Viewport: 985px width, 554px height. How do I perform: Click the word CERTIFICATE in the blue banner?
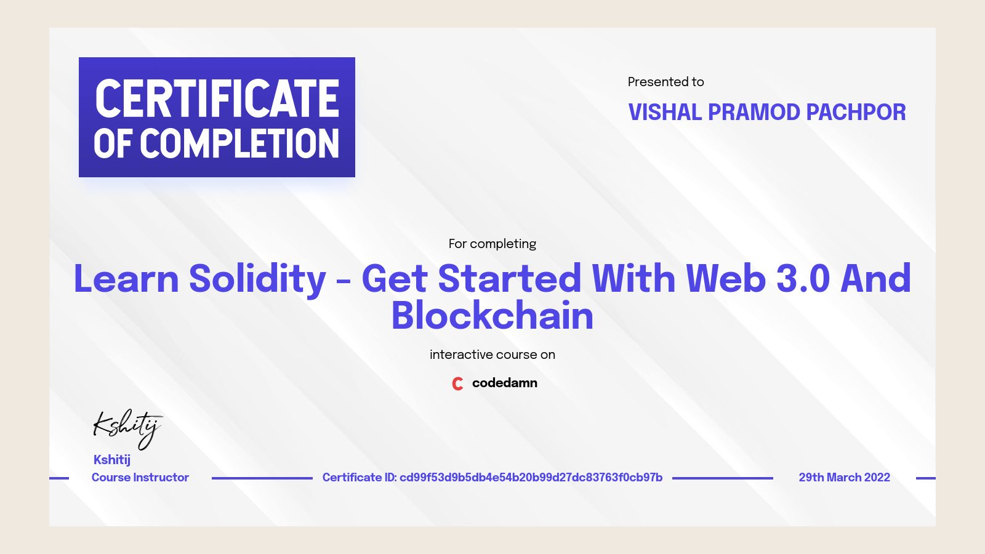pos(217,98)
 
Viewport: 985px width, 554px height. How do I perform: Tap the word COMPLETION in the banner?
pos(239,144)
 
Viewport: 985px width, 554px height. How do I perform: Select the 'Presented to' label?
pos(665,82)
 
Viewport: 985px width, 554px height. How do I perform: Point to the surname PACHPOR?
pos(856,113)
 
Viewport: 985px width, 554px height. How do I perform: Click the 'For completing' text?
pos(492,244)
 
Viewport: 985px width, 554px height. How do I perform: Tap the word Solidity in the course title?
pos(257,279)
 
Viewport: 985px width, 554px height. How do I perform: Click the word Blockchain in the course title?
pos(492,316)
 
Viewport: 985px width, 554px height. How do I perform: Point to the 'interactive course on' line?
pos(492,355)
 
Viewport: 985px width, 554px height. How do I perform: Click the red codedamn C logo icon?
pos(457,383)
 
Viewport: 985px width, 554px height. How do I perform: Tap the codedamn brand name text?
pos(504,383)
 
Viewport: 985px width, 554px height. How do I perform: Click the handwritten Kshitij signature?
pos(127,427)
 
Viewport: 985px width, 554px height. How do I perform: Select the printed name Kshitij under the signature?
pos(112,460)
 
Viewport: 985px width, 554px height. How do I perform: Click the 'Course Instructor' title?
pos(140,478)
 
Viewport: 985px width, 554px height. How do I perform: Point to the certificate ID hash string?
pos(531,478)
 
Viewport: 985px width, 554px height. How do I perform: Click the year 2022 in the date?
pos(877,478)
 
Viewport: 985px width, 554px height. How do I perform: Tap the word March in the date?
pos(843,478)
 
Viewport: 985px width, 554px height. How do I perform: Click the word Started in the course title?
pos(509,279)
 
